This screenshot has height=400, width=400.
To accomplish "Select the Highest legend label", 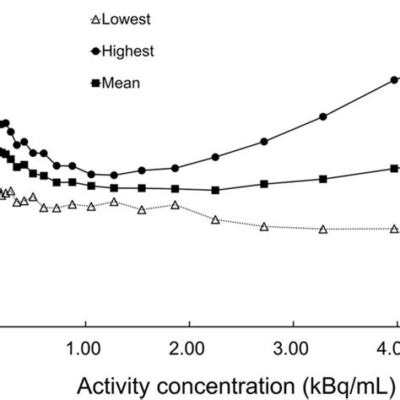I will click(x=128, y=51).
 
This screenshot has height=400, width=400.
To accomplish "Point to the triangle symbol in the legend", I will click(x=94, y=19).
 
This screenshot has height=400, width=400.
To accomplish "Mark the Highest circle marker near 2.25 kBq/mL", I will click(x=215, y=157).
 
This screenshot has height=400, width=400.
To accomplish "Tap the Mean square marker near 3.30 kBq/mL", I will click(x=322, y=179).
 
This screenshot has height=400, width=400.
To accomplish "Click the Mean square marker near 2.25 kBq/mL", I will click(x=215, y=190).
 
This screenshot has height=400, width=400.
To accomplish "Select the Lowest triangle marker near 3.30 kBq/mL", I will click(x=322, y=229).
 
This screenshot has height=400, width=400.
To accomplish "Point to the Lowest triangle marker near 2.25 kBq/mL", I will click(x=215, y=219).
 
